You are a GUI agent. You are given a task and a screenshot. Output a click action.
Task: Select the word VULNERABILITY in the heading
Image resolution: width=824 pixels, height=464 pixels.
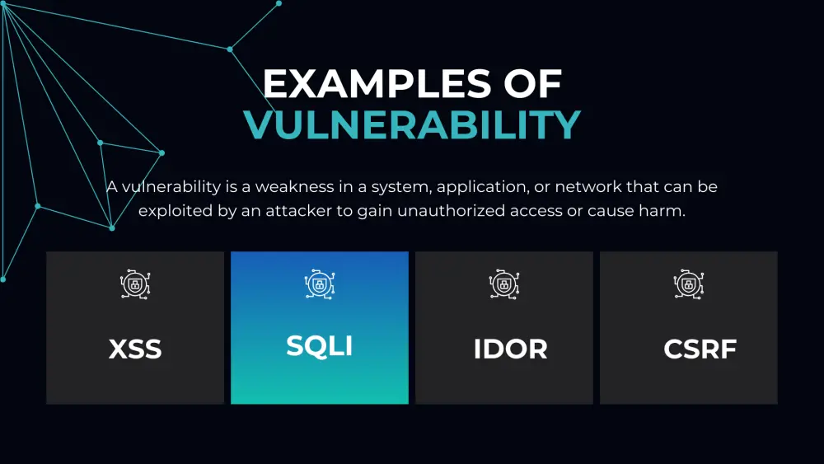(412, 125)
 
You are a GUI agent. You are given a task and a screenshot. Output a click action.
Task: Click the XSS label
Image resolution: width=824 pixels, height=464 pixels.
(135, 349)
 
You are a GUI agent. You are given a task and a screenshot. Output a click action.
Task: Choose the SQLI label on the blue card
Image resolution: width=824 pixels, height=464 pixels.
(320, 345)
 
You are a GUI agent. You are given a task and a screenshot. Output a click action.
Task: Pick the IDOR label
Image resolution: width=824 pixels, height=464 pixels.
(510, 349)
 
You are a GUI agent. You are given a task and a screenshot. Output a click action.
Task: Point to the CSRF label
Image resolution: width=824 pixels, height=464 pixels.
(700, 349)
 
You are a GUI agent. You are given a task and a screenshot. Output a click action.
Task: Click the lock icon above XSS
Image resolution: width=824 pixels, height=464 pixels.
(135, 284)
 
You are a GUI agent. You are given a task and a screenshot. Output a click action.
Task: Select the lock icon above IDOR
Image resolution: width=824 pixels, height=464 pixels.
(504, 284)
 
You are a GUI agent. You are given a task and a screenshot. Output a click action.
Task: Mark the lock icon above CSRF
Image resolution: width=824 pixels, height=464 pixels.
(689, 284)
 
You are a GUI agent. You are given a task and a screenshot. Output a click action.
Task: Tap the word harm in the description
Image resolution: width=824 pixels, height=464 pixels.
(665, 211)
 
